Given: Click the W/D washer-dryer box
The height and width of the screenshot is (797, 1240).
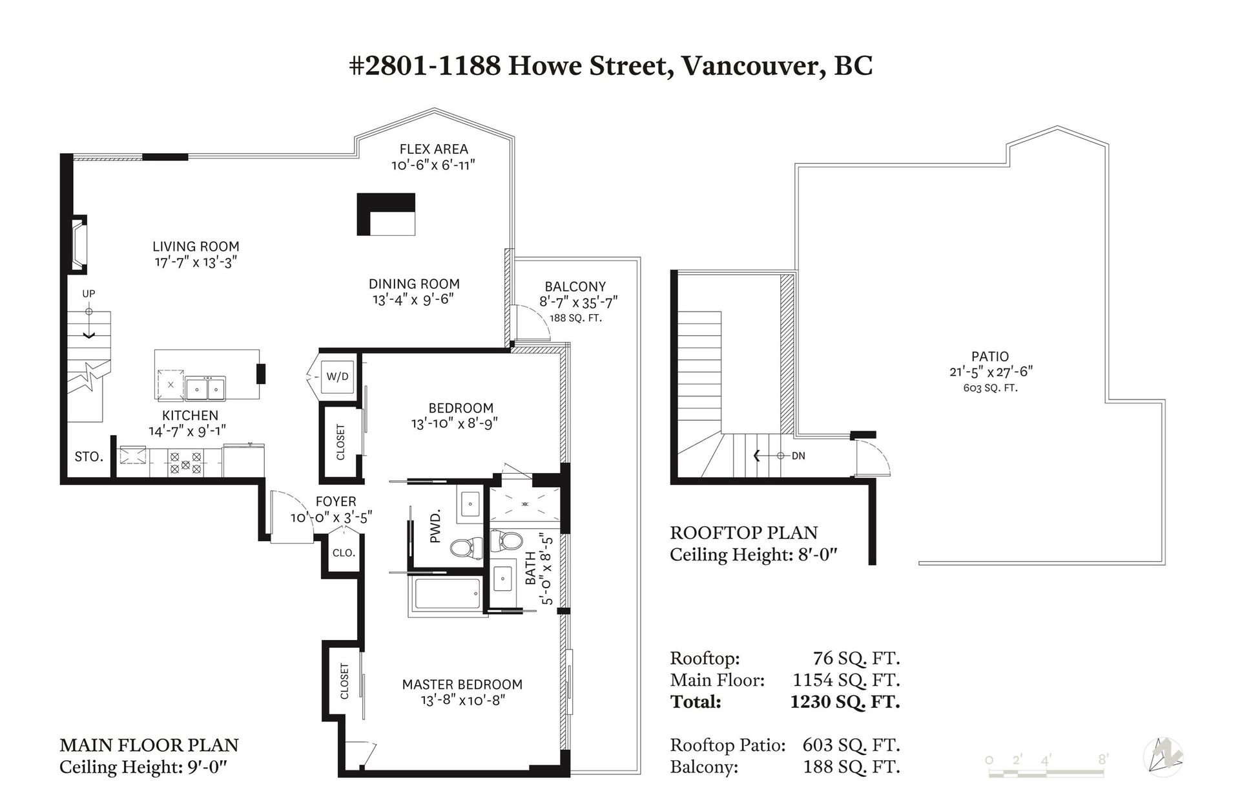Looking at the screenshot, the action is [337, 376].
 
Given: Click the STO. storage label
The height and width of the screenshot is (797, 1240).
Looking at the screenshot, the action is [88, 457].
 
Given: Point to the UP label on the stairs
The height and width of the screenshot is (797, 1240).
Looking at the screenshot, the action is [88, 293].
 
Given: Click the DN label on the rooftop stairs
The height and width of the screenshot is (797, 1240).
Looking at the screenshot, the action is [798, 456].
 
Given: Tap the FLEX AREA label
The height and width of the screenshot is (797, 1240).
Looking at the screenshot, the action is [433, 149].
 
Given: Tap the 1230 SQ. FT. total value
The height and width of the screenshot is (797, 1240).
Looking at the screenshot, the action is [845, 702].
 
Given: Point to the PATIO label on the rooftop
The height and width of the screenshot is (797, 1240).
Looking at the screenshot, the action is [990, 356].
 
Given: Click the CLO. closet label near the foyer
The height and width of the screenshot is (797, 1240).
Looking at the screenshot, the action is [344, 553].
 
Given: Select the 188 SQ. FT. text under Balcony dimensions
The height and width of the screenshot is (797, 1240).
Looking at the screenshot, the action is [575, 318].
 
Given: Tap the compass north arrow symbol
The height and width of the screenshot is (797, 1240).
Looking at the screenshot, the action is [1163, 757].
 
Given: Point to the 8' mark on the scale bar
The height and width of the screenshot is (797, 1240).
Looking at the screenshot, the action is [1104, 758].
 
